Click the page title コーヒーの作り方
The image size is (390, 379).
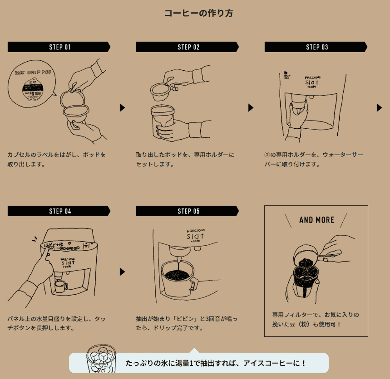[x=198, y=13]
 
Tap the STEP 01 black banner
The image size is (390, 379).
[x=59, y=47]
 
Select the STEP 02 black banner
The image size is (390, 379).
[x=188, y=47]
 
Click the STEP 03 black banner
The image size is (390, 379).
[x=316, y=47]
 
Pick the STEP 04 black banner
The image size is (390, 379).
[x=59, y=211]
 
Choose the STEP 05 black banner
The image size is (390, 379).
[x=188, y=211]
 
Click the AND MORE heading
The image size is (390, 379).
[x=316, y=220]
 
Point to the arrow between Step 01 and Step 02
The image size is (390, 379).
[x=122, y=108]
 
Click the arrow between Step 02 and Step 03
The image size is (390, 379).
[x=251, y=108]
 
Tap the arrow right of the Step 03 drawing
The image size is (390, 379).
[x=379, y=108]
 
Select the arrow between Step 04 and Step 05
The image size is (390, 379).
[x=122, y=272]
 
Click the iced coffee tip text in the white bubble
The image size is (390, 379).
[x=216, y=363]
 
